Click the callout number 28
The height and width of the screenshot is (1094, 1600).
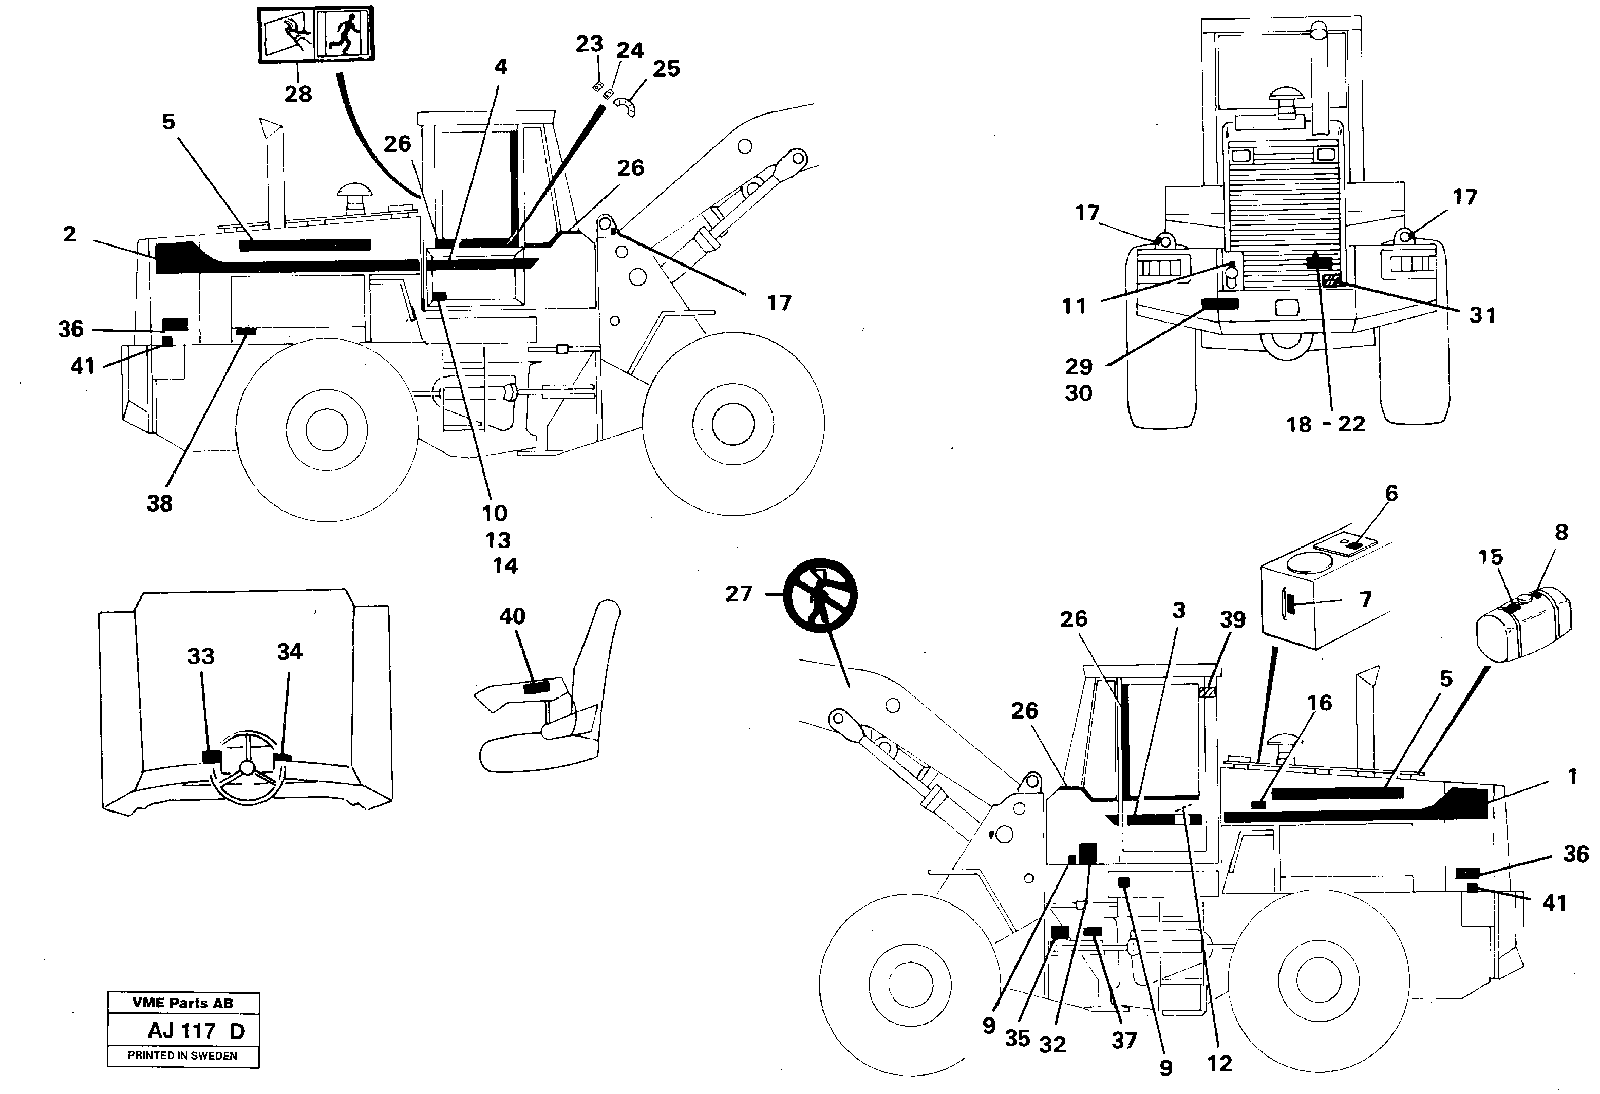pyautogui.click(x=298, y=93)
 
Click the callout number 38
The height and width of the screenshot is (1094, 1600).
pyautogui.click(x=159, y=503)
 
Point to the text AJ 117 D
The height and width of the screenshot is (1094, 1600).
pyautogui.click(x=196, y=1031)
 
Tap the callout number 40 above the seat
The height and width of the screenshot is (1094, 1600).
pyautogui.click(x=512, y=616)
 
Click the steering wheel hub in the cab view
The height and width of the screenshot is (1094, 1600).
pyautogui.click(x=247, y=768)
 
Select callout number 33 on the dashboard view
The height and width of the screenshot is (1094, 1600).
pyautogui.click(x=200, y=656)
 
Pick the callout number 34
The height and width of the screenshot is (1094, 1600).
pyautogui.click(x=289, y=651)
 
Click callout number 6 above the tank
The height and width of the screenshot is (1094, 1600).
pyautogui.click(x=1391, y=494)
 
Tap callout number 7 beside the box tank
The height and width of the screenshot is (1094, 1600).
pyautogui.click(x=1366, y=599)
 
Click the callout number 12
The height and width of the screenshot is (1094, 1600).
pyautogui.click(x=1219, y=1064)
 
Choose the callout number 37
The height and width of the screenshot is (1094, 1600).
pyautogui.click(x=1123, y=1040)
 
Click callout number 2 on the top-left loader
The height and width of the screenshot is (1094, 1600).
pyautogui.click(x=69, y=234)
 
